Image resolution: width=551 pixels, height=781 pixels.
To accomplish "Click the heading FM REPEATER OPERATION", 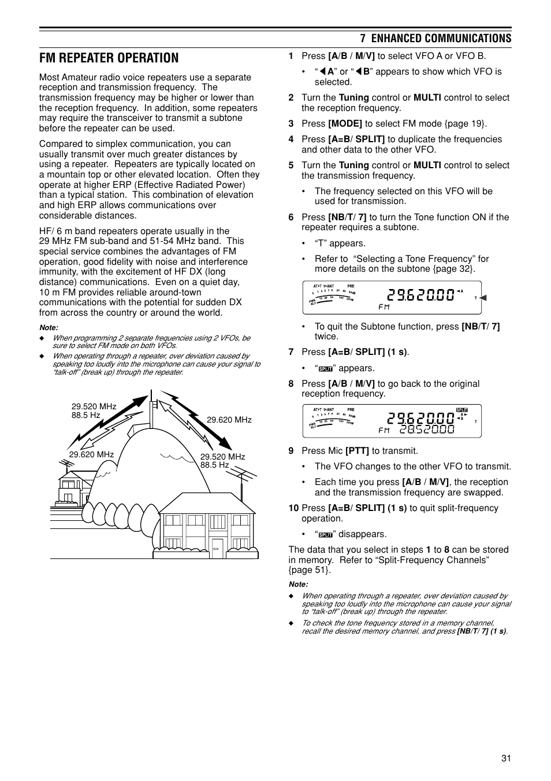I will tap(109, 58).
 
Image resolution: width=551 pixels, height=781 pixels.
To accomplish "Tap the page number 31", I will tap(506, 759).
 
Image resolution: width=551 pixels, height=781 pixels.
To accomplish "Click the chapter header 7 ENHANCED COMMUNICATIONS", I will tap(435, 38).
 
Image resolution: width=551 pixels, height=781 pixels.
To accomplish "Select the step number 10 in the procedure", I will tap(293, 508).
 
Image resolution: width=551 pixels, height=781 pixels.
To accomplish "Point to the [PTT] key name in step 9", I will tap(357, 451).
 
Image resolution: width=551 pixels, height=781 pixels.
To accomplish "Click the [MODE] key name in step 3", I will tap(345, 123).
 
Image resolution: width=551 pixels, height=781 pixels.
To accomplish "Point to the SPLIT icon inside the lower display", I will tap(461, 409).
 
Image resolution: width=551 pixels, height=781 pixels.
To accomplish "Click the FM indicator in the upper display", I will tap(384, 307).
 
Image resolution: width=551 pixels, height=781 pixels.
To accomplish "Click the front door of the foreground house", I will tap(218, 546).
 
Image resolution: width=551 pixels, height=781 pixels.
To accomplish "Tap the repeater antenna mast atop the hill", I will tap(151, 408).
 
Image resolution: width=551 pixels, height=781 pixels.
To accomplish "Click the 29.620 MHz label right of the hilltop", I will tap(229, 420).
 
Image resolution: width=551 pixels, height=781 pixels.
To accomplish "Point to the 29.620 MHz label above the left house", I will tap(91, 454).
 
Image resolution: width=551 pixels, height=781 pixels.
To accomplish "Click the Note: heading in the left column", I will tap(49, 328).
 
